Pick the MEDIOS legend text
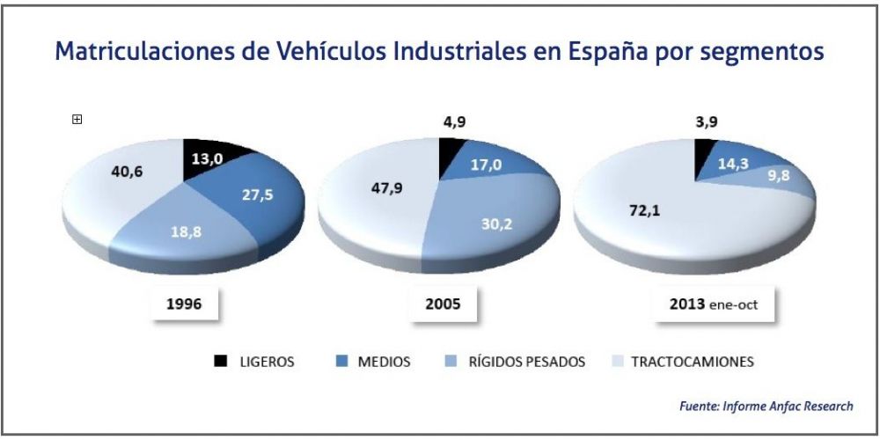point(383,362)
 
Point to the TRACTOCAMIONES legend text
point(692,362)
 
